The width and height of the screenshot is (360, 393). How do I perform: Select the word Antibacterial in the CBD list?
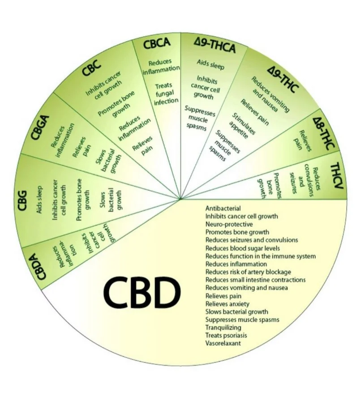pyautogui.click(x=223, y=208)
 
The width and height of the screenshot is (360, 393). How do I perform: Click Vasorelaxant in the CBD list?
pyautogui.click(x=223, y=343)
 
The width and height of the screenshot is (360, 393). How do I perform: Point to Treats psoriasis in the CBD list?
pyautogui.click(x=226, y=335)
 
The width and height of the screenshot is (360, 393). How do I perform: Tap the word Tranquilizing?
pyautogui.click(x=224, y=327)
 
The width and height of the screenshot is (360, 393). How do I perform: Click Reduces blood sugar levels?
pyautogui.click(x=243, y=248)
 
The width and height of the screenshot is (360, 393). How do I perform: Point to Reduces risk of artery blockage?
pyautogui.click(x=248, y=272)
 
